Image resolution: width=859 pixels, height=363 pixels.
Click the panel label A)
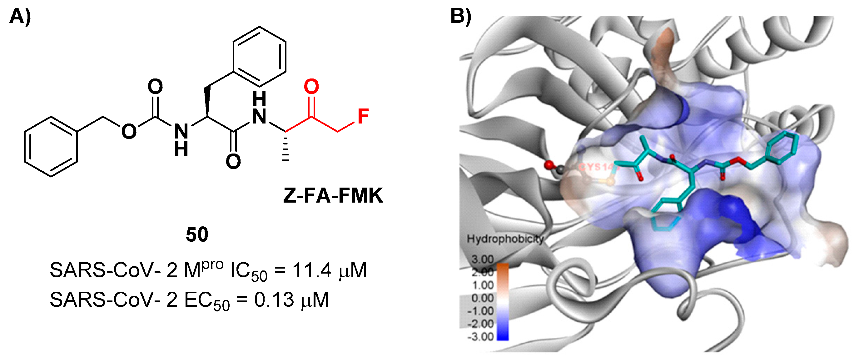(x=20, y=17)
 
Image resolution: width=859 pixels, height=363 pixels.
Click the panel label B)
(x=461, y=16)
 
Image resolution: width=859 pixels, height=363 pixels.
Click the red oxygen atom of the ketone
(x=311, y=86)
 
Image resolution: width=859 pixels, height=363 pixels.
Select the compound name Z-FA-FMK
(x=333, y=196)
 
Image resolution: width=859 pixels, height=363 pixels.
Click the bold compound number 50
(x=197, y=234)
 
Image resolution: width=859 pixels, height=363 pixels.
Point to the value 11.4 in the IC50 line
(x=312, y=270)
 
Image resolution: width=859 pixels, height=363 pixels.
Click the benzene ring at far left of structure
(x=51, y=147)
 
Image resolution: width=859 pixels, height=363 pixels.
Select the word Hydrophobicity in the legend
(x=505, y=239)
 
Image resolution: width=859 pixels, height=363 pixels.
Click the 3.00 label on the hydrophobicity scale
(x=482, y=259)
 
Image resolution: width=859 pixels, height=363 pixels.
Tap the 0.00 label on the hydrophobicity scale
(x=482, y=298)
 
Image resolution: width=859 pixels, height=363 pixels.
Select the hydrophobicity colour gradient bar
(x=503, y=301)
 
